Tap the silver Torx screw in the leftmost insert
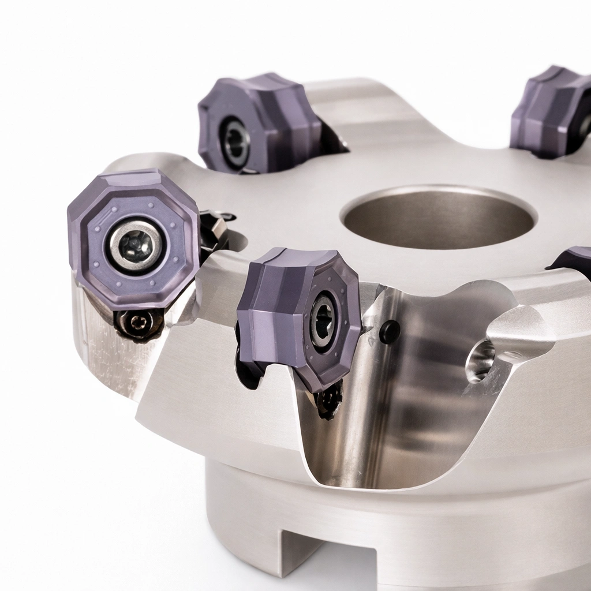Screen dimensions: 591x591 (135, 245)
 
